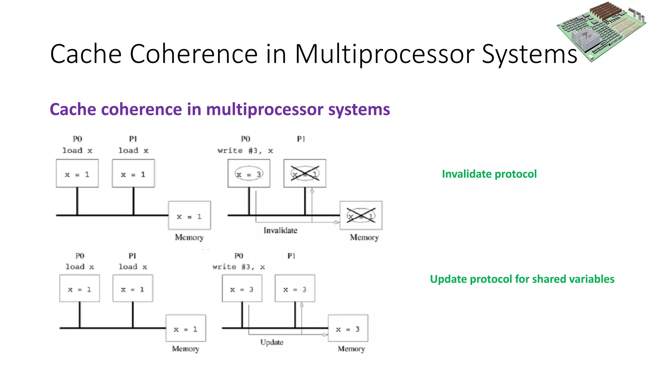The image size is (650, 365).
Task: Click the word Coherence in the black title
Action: tap(193, 54)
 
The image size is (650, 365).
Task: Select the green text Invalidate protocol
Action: tap(489, 174)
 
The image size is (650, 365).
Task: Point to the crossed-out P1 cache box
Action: tap(305, 173)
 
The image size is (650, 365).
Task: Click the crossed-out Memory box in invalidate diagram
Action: tap(361, 215)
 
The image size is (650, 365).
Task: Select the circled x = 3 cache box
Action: tap(249, 173)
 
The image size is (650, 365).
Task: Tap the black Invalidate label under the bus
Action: tap(280, 230)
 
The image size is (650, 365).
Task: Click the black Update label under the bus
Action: tap(272, 342)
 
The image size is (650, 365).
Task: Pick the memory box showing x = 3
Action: tap(348, 329)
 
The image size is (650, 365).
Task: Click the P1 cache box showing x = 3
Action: tap(295, 288)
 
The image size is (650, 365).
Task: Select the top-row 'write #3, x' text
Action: tap(245, 151)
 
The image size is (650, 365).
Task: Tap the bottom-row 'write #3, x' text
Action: tap(239, 267)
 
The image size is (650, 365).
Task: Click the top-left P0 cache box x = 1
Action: tap(77, 173)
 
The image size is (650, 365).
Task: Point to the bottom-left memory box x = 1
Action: tap(186, 329)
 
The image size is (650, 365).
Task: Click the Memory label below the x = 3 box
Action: tap(351, 349)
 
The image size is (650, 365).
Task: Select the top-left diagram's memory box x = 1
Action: tap(189, 215)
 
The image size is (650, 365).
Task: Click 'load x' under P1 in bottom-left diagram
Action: tap(133, 267)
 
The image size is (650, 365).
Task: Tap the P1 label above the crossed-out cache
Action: tap(301, 139)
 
